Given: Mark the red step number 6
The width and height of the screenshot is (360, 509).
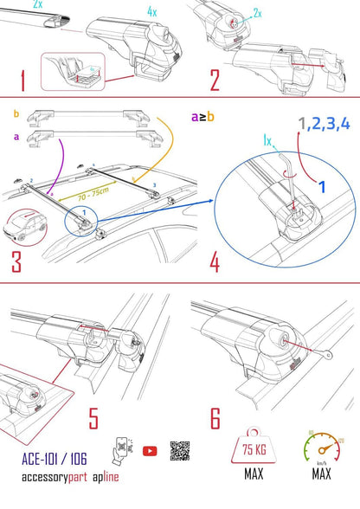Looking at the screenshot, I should coord(216,421).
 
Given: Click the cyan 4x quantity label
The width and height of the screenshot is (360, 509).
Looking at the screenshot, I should coord(152,12).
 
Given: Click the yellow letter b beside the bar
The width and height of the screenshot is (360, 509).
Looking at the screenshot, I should coord(16,113).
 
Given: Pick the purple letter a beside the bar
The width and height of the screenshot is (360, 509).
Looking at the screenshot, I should coord(16,137).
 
